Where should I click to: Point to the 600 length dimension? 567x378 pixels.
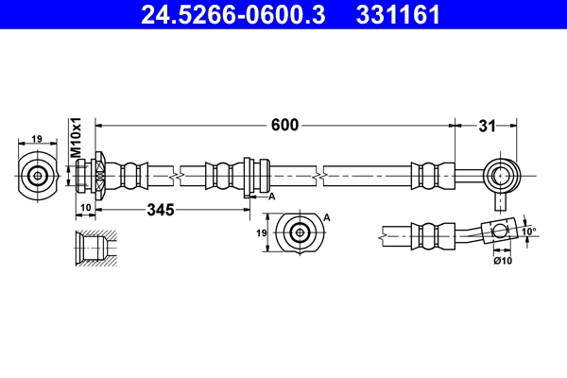coord(284,125)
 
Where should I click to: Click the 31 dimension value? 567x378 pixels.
coord(486,125)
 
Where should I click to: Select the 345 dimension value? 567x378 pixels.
coord(162,211)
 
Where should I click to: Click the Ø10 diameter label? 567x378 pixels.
coord(501,261)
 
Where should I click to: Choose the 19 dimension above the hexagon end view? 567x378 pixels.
coord(37,139)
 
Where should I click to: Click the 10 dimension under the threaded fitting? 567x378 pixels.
coord(84,207)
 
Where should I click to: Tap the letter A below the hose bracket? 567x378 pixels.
coord(271,197)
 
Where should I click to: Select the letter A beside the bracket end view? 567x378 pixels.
coord(327,216)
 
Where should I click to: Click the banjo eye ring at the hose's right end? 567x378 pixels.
coord(500,175)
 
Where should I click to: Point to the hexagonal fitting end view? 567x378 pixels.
coord(38,175)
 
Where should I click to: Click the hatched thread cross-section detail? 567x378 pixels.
coord(94,249)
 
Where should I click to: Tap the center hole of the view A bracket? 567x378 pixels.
coord(300,232)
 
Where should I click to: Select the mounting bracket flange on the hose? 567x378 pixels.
coord(247,176)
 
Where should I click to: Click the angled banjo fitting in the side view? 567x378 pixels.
coord(497,232)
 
